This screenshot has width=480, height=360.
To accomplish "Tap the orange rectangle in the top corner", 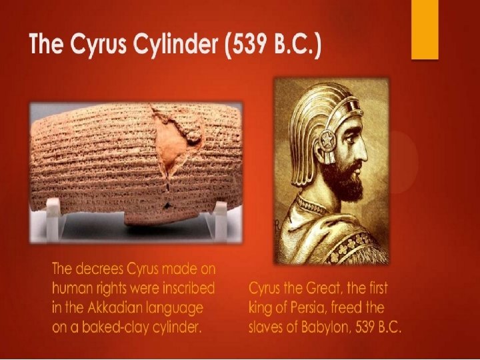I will [x=424, y=30].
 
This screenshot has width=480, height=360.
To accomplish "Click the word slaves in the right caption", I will [x=268, y=328].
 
